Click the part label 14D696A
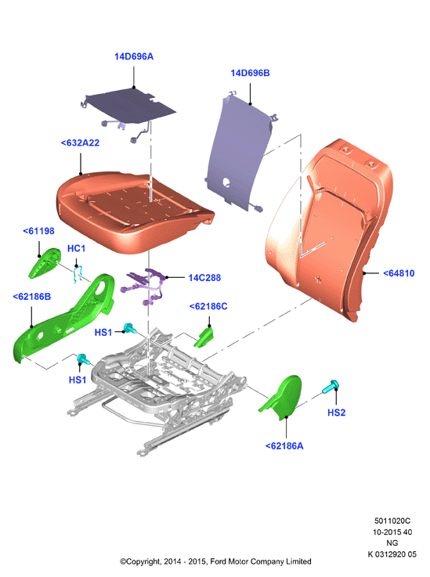(134, 56)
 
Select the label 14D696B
(250, 74)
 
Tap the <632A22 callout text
(80, 143)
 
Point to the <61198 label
(38, 231)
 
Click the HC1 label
(76, 249)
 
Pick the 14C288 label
(204, 278)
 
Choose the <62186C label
(208, 307)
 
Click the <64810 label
(399, 273)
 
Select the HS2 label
(337, 413)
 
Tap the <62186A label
(284, 446)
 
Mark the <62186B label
(31, 297)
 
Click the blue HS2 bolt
(331, 387)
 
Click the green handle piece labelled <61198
(45, 263)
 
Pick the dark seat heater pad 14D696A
(128, 106)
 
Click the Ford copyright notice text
(215, 561)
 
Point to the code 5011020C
(392, 521)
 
